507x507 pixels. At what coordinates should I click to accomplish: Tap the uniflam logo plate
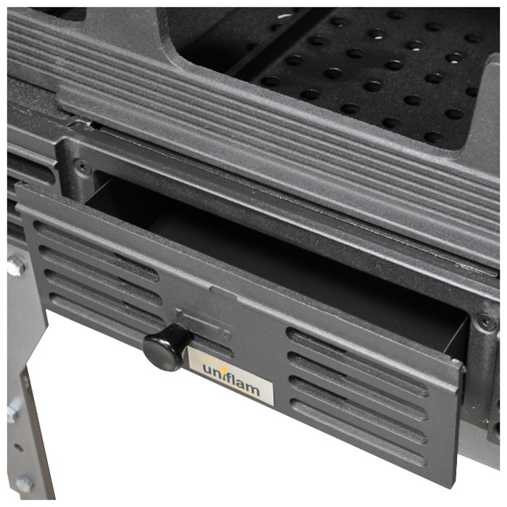231,376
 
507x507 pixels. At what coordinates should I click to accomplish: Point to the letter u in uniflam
208,368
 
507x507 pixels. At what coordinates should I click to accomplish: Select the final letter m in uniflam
253,389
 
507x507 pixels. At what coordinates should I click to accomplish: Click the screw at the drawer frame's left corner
82,167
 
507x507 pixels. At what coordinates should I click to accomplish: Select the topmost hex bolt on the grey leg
16,264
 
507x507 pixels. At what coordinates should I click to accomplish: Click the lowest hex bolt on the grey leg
24,484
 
